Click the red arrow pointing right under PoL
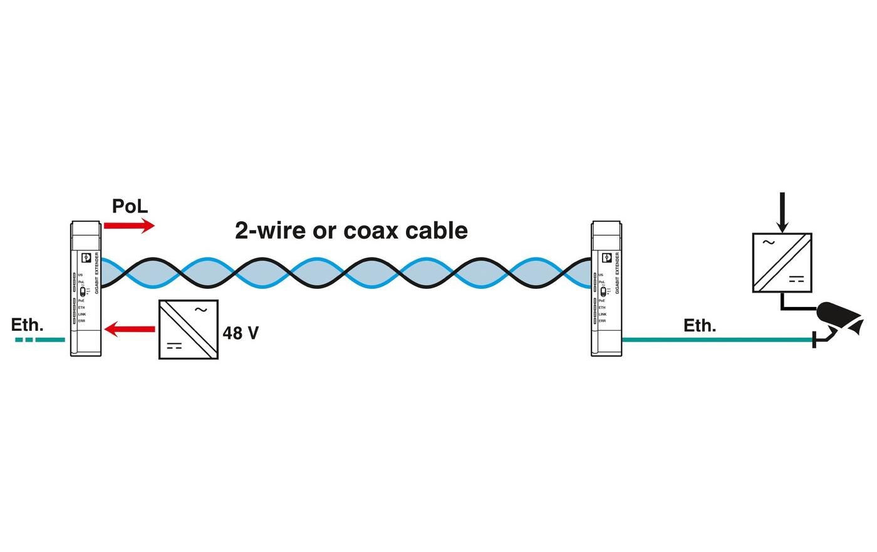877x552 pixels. coord(129,226)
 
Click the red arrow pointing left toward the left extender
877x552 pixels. coord(130,328)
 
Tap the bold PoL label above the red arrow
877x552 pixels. coord(130,206)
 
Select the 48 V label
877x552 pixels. coord(241,333)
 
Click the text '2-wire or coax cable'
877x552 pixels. coord(351,231)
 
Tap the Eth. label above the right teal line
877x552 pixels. coord(700,326)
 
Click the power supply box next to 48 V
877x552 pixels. coord(189,329)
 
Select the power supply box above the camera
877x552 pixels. coord(782,263)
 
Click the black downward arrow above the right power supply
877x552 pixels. coord(781,212)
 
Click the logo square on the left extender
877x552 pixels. coord(86,258)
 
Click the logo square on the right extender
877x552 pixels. coord(606,258)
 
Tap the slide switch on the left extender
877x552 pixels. coord(83,291)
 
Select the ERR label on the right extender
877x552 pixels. coord(602,321)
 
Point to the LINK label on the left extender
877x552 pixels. coord(82,314)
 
